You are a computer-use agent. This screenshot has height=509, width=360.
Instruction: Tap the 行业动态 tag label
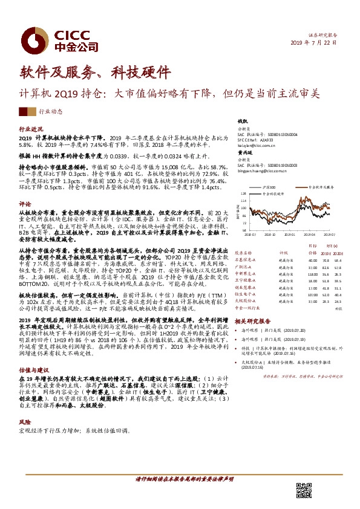click(x=50, y=112)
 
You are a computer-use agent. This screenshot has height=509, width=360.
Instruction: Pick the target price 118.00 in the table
click(x=312, y=273)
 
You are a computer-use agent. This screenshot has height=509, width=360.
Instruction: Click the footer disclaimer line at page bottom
click(x=180, y=479)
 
